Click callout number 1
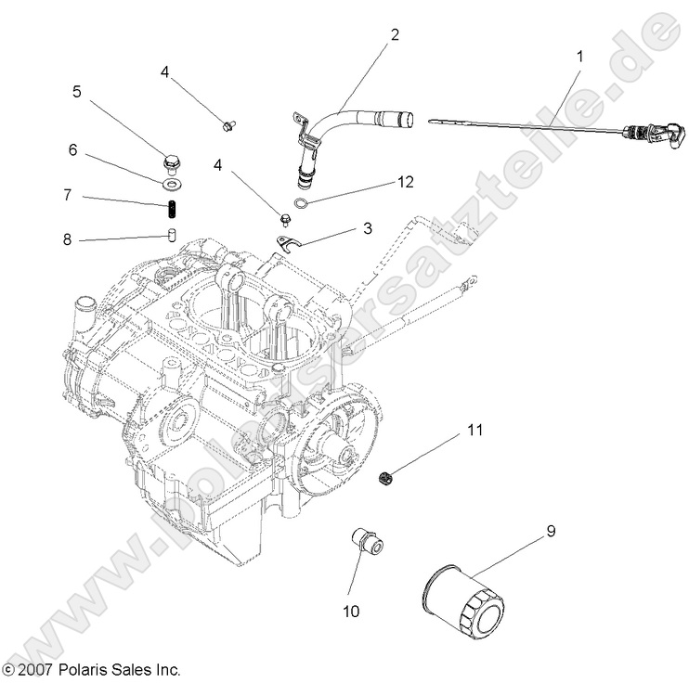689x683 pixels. [580, 57]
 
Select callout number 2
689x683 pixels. [394, 35]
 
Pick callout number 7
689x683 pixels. [67, 195]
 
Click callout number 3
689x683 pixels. [368, 226]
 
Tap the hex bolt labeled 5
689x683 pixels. [171, 165]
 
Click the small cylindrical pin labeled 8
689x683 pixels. [172, 232]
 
